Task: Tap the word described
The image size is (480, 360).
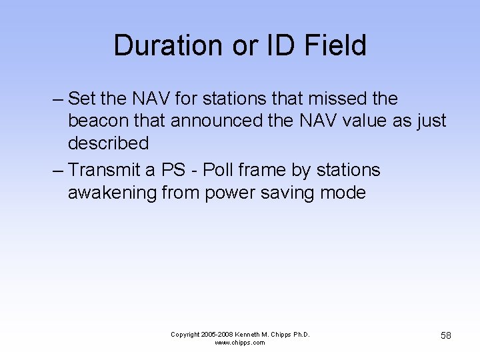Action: (108, 144)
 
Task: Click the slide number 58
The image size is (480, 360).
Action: (445, 335)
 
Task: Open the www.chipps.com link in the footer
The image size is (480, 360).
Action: (240, 343)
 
